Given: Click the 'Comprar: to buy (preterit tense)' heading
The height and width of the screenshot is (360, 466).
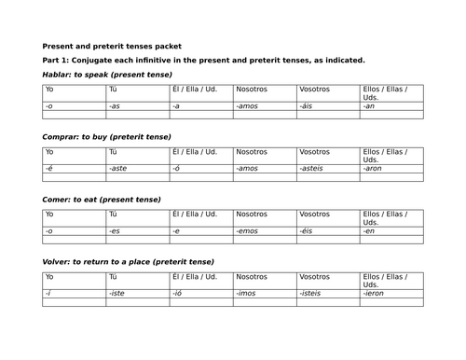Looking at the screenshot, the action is [106, 136].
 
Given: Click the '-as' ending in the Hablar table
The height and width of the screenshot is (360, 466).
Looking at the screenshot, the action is [115, 106].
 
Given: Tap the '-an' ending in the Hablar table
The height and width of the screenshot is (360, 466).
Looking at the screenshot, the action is [368, 106].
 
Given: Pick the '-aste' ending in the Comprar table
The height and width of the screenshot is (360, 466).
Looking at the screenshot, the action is [117, 168].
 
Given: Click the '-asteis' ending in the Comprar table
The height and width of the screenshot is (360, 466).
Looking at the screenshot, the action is [312, 168].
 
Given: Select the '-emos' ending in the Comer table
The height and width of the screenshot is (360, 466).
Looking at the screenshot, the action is [247, 230].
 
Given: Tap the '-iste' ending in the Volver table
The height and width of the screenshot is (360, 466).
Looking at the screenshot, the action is [116, 293].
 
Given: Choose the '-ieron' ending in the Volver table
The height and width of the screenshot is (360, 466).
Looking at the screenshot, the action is [374, 293].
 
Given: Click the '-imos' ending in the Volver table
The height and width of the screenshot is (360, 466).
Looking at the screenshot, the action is [246, 293].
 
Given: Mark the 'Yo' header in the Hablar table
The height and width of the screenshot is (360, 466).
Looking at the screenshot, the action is [49, 90].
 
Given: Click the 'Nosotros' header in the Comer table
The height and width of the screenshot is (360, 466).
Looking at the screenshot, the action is [251, 215].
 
